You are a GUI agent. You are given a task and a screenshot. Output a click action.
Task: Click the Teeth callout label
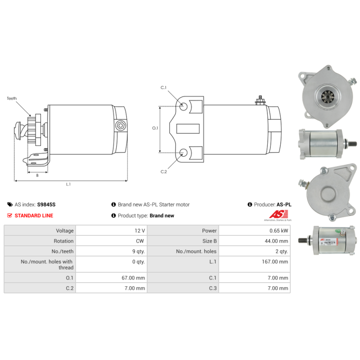12,98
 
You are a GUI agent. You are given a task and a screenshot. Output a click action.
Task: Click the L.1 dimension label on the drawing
68,184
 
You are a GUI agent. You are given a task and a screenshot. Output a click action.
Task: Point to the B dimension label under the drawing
37,175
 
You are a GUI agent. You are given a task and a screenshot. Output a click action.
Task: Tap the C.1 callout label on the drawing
163,87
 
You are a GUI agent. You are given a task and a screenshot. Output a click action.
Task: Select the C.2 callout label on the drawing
163,171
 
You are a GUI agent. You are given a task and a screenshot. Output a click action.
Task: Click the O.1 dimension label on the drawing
155,128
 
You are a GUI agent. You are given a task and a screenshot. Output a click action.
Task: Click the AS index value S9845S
46,204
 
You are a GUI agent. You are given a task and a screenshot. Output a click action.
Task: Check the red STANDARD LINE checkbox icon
10,216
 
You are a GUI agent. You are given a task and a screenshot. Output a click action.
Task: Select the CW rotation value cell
140,241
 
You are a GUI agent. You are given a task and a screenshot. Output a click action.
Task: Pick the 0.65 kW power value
279,230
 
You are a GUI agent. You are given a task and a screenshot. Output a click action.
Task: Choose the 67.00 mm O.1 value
133,278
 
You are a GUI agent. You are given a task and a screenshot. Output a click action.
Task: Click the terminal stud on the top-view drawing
259,99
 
